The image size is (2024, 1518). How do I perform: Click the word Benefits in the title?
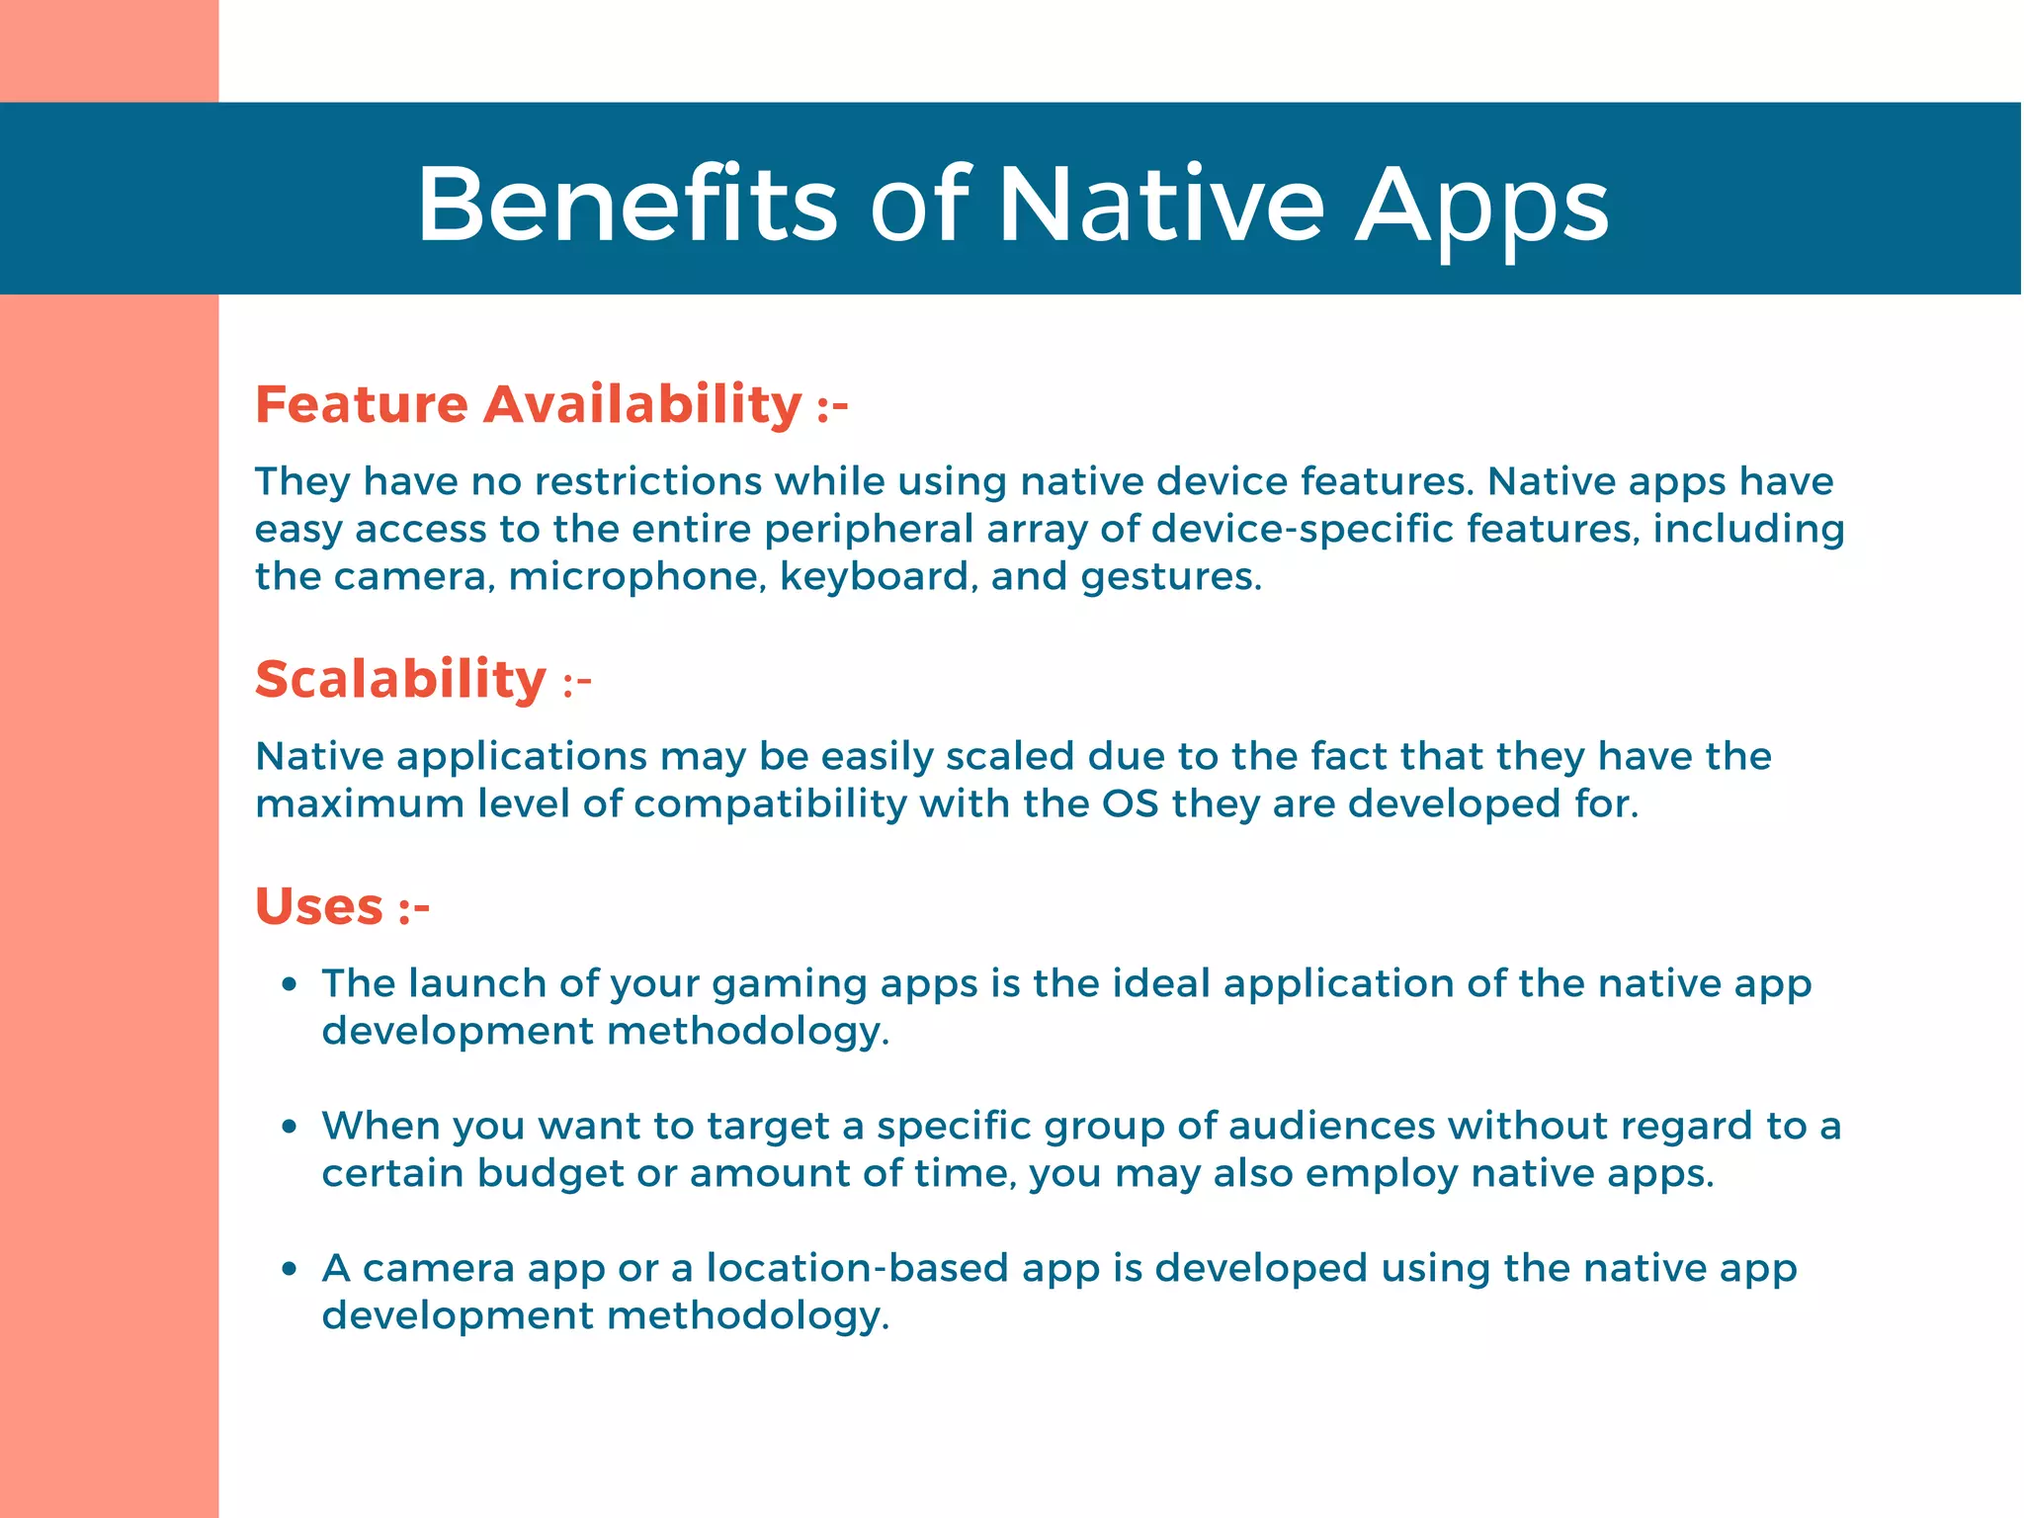627,205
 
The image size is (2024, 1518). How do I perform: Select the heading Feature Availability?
528,404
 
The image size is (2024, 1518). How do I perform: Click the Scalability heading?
400,679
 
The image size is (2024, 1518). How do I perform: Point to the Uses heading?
319,906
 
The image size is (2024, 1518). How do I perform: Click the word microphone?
637,576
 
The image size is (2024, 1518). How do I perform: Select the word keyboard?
874,576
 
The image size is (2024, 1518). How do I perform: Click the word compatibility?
770,803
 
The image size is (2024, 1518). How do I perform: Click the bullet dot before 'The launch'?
289,984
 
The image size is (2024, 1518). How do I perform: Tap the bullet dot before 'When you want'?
289,1127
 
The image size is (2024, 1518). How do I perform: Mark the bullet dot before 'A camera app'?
289,1269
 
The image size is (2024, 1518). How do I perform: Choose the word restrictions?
648,481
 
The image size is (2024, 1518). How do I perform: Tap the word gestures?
1170,576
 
